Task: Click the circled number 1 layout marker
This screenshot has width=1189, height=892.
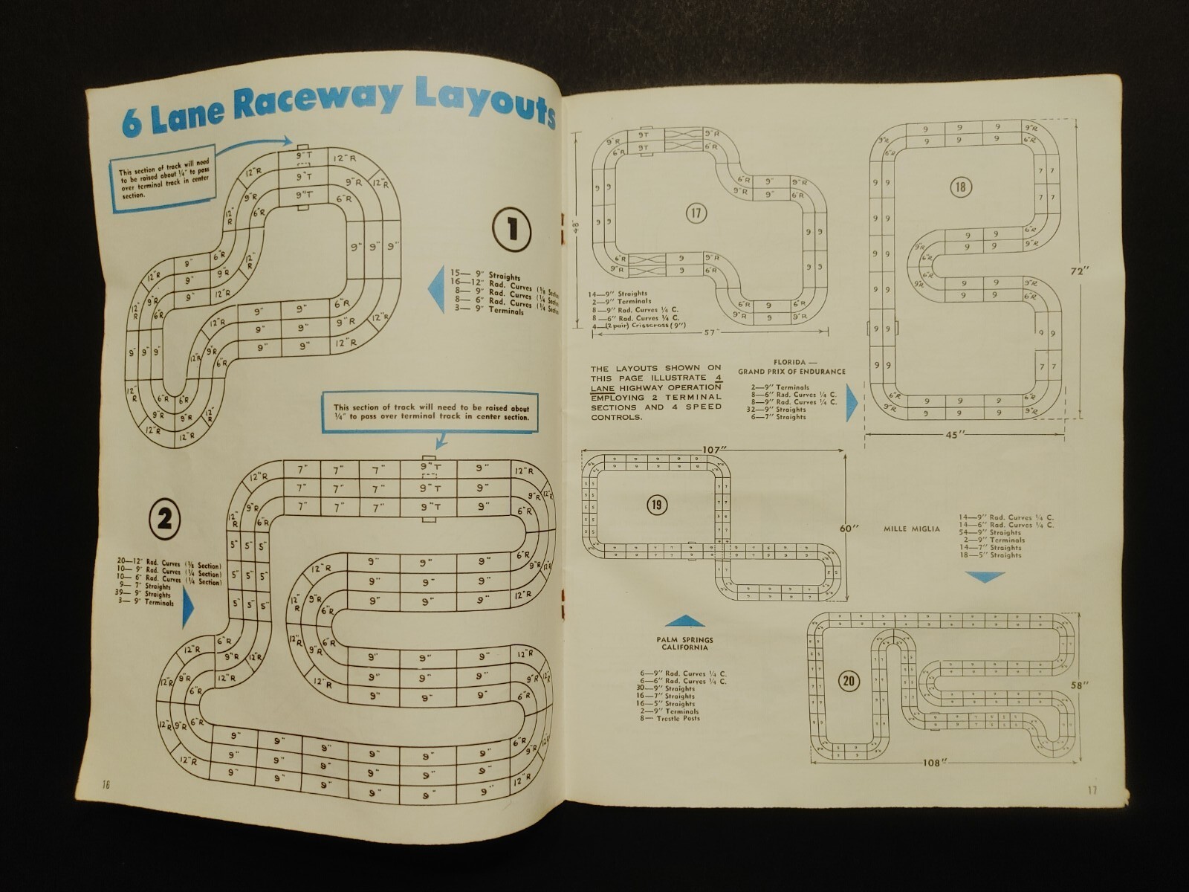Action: pyautogui.click(x=512, y=229)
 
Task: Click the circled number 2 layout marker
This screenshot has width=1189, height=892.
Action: pyautogui.click(x=164, y=518)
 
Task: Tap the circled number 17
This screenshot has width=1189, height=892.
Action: pyautogui.click(x=696, y=214)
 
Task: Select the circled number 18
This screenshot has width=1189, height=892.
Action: pyautogui.click(x=961, y=187)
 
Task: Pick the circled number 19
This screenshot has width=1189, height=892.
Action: pyautogui.click(x=656, y=505)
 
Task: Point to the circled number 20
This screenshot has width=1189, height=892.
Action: pyautogui.click(x=849, y=681)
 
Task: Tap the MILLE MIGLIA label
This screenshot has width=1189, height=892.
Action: pyautogui.click(x=912, y=529)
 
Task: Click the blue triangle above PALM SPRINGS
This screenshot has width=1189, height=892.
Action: pyautogui.click(x=684, y=621)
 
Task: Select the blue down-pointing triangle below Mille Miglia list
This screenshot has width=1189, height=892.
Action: pyautogui.click(x=985, y=577)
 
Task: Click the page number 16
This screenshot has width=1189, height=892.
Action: pyautogui.click(x=106, y=785)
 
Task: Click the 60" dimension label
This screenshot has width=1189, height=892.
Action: pyautogui.click(x=849, y=528)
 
